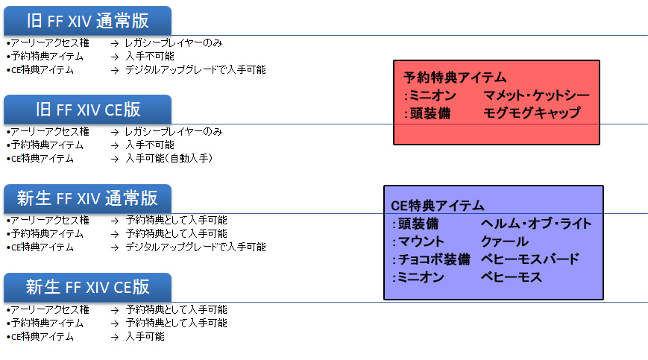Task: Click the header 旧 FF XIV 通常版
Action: (x=87, y=20)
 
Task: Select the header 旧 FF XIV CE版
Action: (x=87, y=110)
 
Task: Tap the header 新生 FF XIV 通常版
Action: (x=87, y=198)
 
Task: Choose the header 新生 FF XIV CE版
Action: (x=87, y=287)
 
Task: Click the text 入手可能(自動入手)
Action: (x=169, y=158)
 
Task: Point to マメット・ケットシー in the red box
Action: (x=536, y=95)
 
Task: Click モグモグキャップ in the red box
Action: (x=532, y=113)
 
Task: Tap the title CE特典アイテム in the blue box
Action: (x=438, y=205)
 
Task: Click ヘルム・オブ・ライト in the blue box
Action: (x=536, y=224)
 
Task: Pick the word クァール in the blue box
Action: (x=505, y=241)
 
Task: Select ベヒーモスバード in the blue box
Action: (x=530, y=259)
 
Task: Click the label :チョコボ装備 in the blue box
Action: (x=431, y=259)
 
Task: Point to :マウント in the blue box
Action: (x=418, y=241)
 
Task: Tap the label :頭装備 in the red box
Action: (x=424, y=113)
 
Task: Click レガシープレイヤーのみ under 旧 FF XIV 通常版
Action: (x=174, y=43)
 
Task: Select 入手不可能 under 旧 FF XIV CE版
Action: (x=150, y=145)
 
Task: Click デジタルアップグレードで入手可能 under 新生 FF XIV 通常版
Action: (x=195, y=247)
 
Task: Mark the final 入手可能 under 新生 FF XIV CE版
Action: (x=145, y=336)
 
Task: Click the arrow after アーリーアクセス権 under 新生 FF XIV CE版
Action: (x=115, y=309)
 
